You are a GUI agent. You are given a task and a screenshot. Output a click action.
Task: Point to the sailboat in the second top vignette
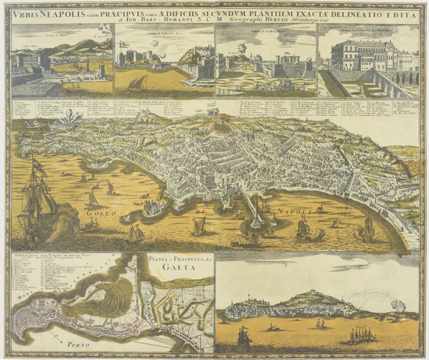tap(138, 82)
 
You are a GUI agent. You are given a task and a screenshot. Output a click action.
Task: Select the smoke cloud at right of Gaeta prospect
tap(398, 306)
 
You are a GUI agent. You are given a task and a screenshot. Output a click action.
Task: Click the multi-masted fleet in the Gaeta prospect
tap(363, 334)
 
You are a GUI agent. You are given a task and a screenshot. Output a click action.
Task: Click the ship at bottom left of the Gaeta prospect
tap(243, 336)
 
